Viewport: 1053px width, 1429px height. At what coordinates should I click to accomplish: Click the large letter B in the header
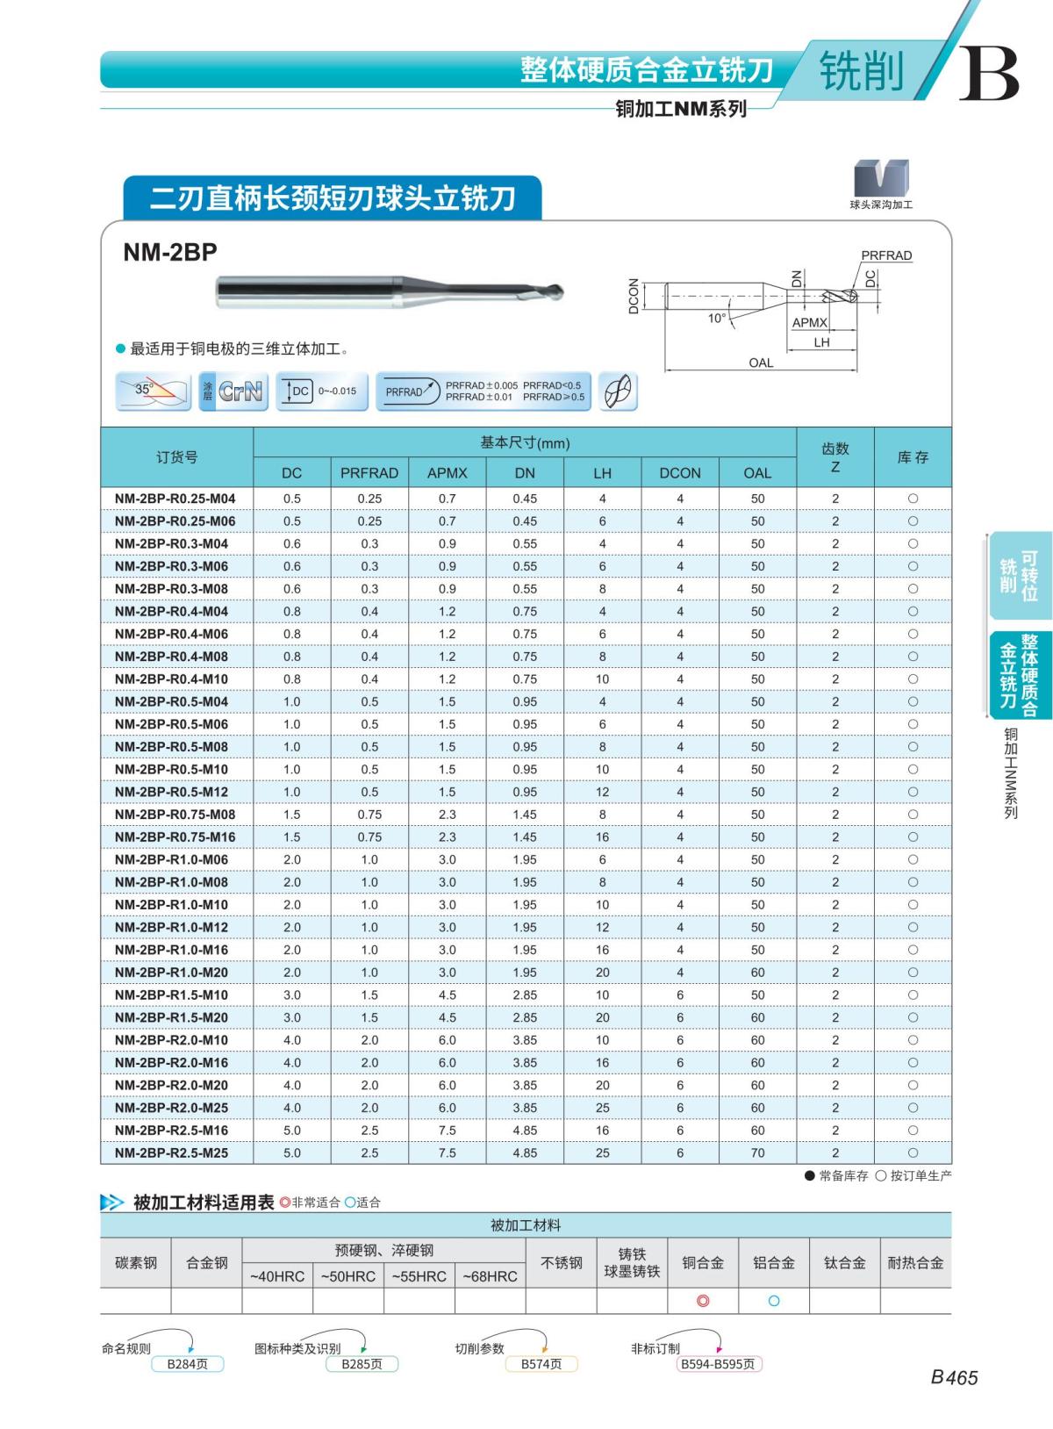[x=989, y=74]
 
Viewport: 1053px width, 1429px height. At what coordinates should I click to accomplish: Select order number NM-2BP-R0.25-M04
[x=175, y=499]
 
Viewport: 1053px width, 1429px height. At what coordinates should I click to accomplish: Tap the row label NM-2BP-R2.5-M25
[x=171, y=1153]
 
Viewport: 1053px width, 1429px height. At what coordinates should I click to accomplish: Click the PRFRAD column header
[x=369, y=473]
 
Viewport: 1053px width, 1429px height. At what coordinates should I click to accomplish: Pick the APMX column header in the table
[x=448, y=473]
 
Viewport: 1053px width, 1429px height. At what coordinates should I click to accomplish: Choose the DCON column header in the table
[x=680, y=473]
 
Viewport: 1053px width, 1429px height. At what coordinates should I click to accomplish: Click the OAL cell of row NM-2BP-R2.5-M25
[x=757, y=1153]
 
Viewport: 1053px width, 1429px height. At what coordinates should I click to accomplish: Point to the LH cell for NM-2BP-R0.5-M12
[x=602, y=792]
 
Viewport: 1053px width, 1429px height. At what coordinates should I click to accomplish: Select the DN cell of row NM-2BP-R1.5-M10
[x=525, y=995]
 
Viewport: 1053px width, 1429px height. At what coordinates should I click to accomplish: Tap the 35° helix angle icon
[x=154, y=391]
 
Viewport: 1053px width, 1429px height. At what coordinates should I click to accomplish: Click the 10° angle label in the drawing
[x=717, y=318]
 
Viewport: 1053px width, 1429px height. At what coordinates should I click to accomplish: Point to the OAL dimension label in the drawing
[x=761, y=363]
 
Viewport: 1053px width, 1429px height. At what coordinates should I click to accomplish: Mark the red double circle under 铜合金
[x=703, y=1301]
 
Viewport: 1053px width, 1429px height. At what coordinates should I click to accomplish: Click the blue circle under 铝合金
[x=774, y=1301]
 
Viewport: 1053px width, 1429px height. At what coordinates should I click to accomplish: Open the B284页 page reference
[x=188, y=1364]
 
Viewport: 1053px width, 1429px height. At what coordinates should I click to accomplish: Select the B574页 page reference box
[x=541, y=1364]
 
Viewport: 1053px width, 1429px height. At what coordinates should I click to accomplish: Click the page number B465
[x=954, y=1378]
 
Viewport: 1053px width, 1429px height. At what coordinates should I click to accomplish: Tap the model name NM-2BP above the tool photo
[x=170, y=253]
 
